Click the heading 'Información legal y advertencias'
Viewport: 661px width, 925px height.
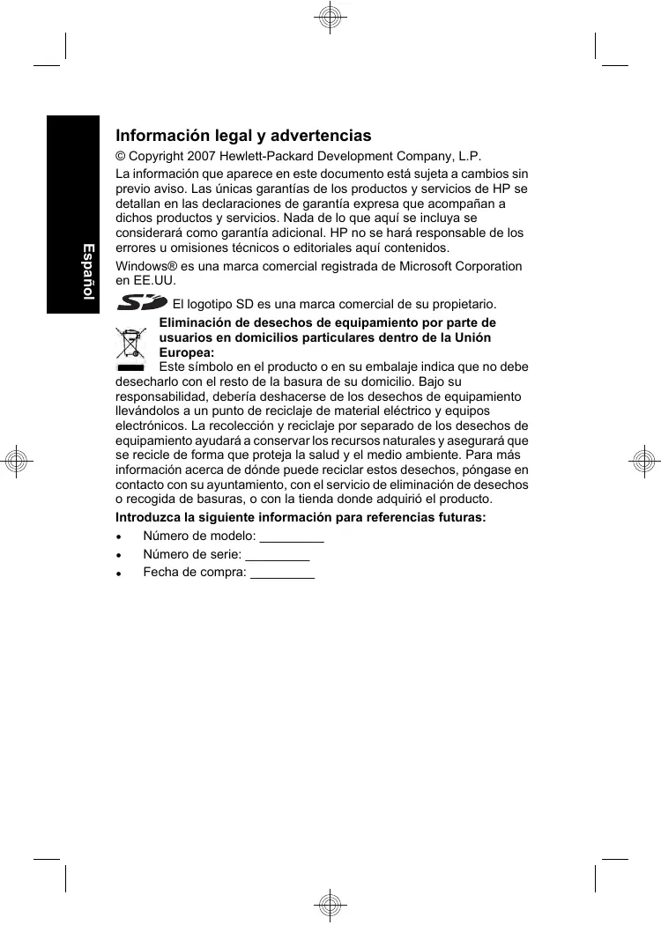[243, 137]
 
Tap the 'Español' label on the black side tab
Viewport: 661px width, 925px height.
[88, 270]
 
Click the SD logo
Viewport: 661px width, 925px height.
[142, 303]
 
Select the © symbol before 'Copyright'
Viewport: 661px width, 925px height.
[122, 156]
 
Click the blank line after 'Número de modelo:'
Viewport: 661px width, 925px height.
[293, 536]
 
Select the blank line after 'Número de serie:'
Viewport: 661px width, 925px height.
[278, 554]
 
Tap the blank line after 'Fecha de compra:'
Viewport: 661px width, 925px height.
[283, 573]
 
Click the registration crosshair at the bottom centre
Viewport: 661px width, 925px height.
[330, 905]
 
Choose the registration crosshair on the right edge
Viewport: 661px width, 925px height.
[643, 461]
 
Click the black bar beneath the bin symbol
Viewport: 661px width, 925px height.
[130, 366]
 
